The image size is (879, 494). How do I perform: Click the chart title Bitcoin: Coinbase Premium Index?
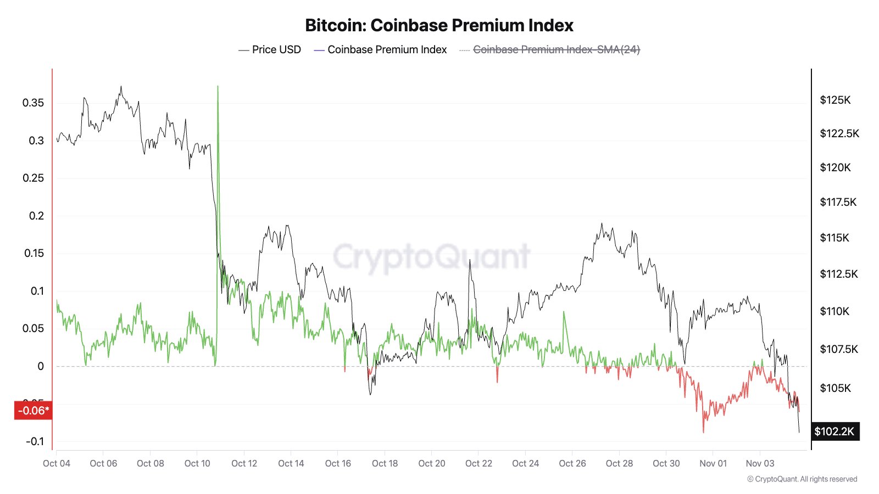click(x=439, y=25)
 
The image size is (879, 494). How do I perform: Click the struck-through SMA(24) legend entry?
click(x=556, y=49)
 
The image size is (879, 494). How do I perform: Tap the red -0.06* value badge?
click(x=33, y=411)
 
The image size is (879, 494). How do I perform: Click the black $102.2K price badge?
click(x=834, y=431)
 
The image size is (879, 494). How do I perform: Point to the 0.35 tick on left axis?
click(x=33, y=103)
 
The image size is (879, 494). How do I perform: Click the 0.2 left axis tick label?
click(x=36, y=216)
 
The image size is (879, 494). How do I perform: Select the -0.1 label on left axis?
click(x=34, y=441)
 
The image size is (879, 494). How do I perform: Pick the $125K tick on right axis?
click(x=835, y=100)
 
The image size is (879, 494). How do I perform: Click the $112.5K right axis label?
click(x=838, y=274)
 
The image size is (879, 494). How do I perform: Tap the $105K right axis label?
click(x=835, y=388)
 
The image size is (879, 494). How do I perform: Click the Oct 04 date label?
click(x=57, y=463)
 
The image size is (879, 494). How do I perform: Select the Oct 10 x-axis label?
click(x=197, y=463)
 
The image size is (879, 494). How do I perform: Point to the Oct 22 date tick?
click(x=479, y=463)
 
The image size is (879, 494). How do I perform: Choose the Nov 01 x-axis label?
click(x=713, y=463)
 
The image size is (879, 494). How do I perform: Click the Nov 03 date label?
click(x=760, y=463)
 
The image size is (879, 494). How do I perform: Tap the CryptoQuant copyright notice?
click(x=802, y=479)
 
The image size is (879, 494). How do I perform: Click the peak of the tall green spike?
click(x=218, y=87)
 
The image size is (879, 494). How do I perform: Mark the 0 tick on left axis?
click(x=41, y=366)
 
